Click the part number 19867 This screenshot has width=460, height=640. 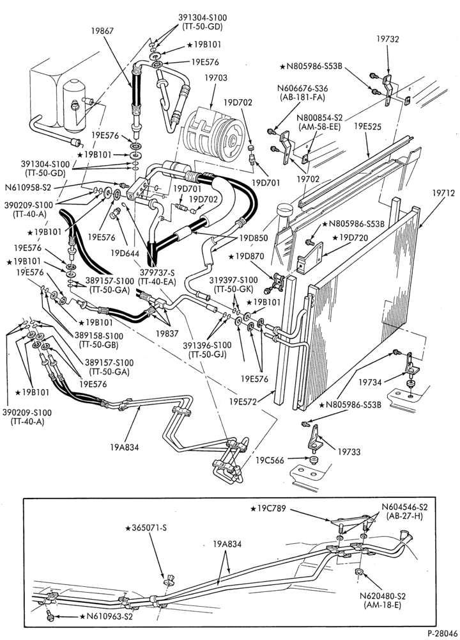[x=102, y=30]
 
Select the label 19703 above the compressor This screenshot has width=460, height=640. [x=216, y=77]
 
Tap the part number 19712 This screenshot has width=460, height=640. [x=443, y=193]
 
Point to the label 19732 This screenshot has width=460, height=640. [x=387, y=39]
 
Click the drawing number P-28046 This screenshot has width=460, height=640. [x=441, y=633]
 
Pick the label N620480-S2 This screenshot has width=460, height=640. [x=383, y=596]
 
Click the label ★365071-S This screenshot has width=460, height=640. [x=146, y=528]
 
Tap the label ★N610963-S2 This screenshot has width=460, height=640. [x=106, y=616]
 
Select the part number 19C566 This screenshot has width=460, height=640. [x=270, y=460]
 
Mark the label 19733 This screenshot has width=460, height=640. [x=349, y=452]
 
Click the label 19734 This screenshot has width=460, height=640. [x=371, y=383]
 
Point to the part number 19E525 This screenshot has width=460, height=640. [x=368, y=127]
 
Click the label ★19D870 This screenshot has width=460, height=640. [x=247, y=257]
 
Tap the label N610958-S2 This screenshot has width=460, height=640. [x=28, y=188]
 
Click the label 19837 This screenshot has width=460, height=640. [x=167, y=333]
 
